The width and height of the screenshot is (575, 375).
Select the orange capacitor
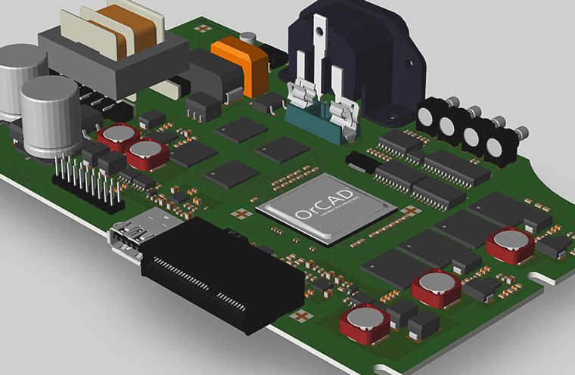point(241,61)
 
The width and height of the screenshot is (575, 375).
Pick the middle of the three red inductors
point(436,287)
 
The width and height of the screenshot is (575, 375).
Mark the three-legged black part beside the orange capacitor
point(202,105)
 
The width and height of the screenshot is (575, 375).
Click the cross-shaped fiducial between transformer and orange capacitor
point(203,29)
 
